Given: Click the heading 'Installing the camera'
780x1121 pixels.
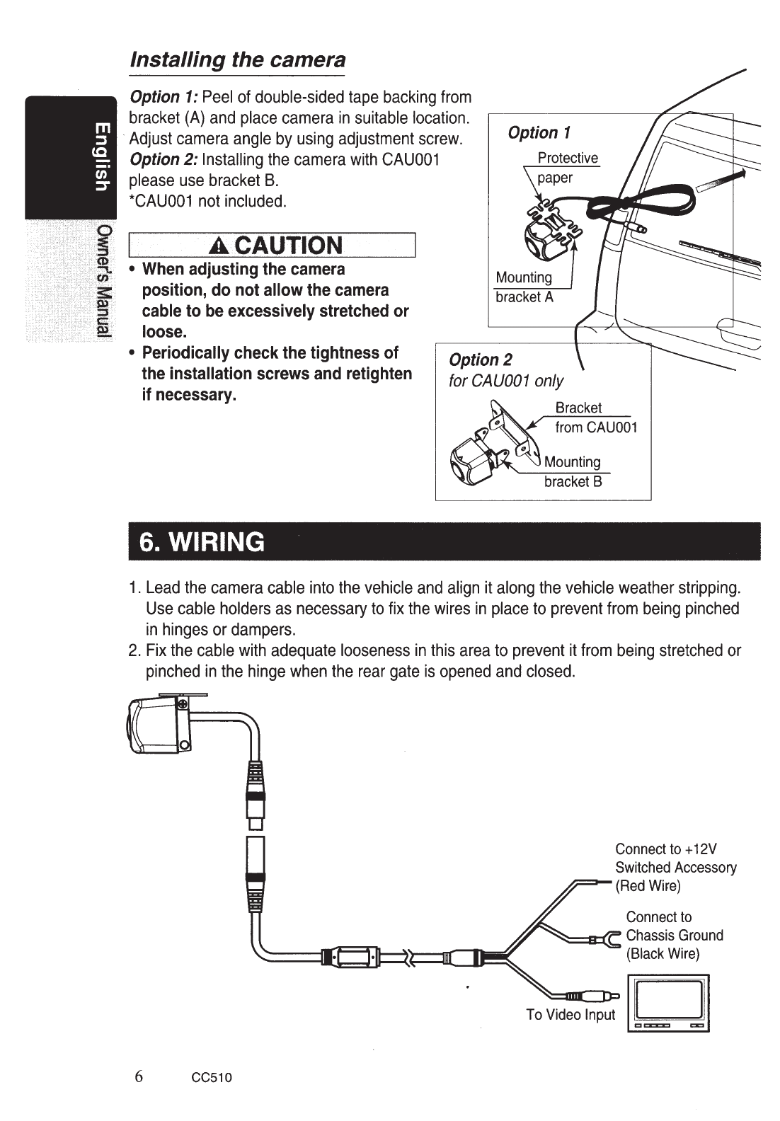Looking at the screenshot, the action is click(x=237, y=60).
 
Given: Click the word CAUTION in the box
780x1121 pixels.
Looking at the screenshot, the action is click(x=288, y=246).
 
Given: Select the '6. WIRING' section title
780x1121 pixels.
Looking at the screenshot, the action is click(x=202, y=541).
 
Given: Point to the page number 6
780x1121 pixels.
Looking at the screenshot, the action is click(x=139, y=1076).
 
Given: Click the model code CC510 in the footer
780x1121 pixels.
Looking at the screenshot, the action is click(x=212, y=1077).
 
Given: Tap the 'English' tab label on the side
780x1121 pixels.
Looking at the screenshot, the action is click(x=102, y=157).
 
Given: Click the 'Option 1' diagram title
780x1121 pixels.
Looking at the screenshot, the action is click(x=539, y=132).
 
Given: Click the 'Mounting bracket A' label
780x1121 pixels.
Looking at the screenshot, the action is click(x=524, y=287).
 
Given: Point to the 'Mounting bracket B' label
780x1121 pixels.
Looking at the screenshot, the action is click(x=573, y=471).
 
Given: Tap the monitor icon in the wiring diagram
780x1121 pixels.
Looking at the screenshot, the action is click(x=669, y=1004).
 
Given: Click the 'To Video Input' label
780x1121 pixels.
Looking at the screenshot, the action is click(x=570, y=1015).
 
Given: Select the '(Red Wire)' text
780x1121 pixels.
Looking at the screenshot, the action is click(x=648, y=886).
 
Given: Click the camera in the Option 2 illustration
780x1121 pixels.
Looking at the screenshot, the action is click(x=471, y=460).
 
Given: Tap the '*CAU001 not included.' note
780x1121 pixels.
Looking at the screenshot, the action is click(x=208, y=201).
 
